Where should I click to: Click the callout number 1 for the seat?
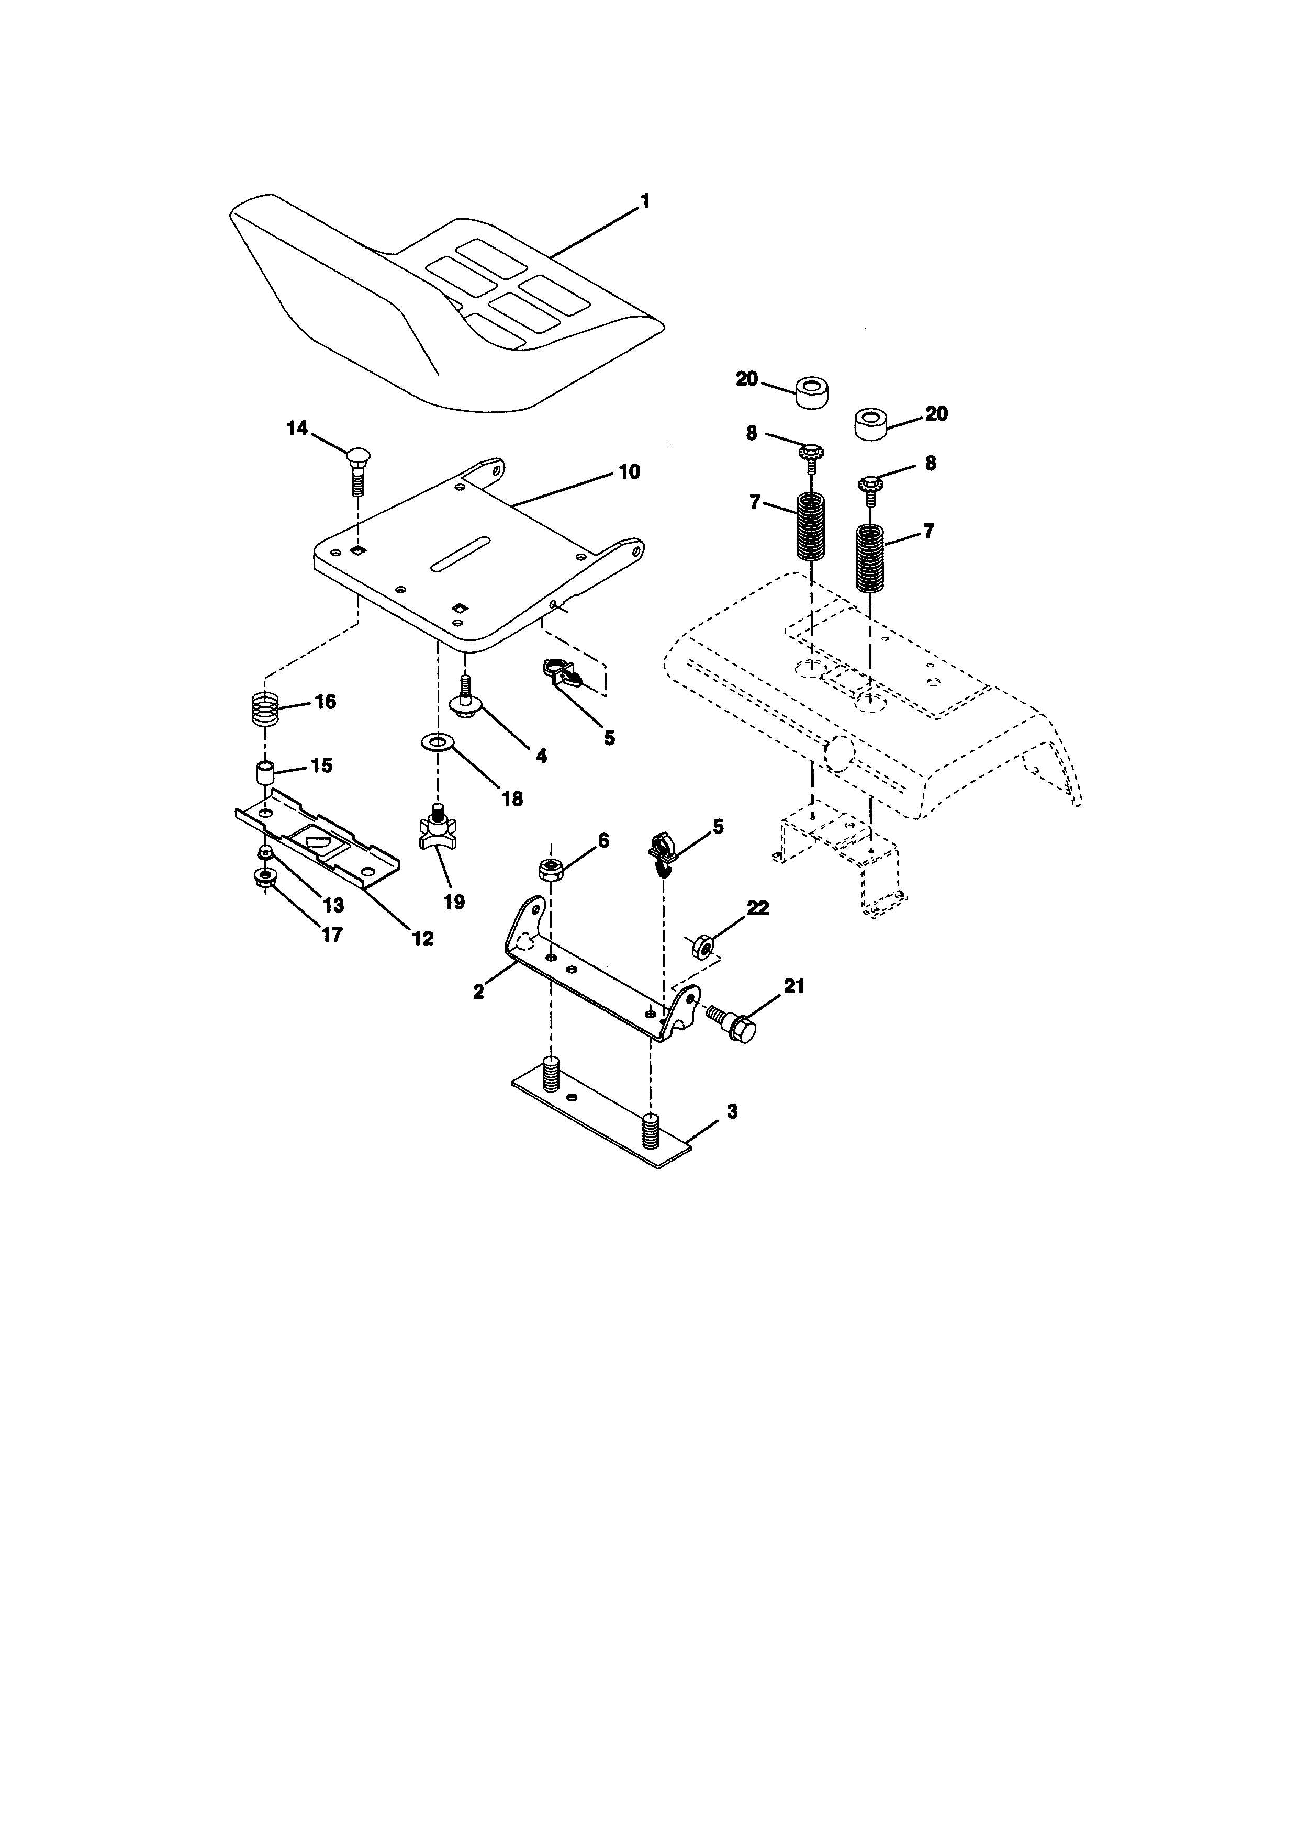645,201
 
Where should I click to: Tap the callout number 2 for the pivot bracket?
478,992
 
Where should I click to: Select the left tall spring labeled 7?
810,527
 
